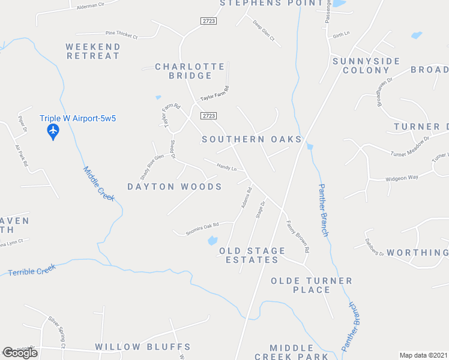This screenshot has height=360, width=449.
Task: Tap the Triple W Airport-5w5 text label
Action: [x=77, y=118]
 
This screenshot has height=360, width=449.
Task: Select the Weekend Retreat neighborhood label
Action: [x=93, y=51]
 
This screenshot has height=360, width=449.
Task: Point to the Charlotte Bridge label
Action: [x=190, y=71]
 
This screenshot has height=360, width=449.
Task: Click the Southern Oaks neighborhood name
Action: [x=252, y=139]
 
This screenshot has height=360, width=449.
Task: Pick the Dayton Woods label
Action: [x=174, y=187]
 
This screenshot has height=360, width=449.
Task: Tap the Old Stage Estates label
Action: [x=252, y=255]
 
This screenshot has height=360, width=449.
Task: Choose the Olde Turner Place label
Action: [x=311, y=285]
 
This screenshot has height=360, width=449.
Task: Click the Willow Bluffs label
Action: [x=143, y=347]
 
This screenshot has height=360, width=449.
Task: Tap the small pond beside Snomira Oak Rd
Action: [x=212, y=241]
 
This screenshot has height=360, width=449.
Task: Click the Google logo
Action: [x=20, y=353]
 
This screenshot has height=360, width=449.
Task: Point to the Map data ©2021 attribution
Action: [x=423, y=355]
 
